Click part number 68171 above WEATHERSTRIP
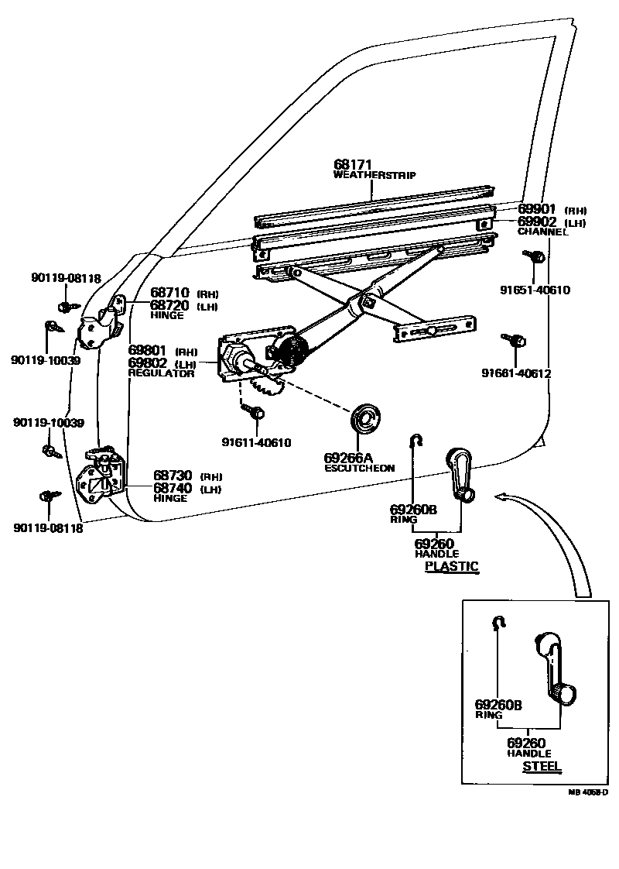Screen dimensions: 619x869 coord(353,165)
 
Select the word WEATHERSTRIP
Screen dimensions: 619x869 coord(374,175)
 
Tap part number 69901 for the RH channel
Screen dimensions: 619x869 coord(536,209)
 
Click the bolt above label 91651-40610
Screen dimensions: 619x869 coord(534,256)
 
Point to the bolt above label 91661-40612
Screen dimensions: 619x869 coord(514,340)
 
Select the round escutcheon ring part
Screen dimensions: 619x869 coord(366,417)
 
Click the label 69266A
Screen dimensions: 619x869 coord(348,458)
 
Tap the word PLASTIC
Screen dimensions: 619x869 coord(451,566)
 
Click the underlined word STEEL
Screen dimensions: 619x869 coord(542,767)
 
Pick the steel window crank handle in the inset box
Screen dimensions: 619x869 coord(555,668)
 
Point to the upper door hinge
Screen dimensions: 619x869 coord(102,325)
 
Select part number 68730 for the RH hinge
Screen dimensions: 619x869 coord(173,476)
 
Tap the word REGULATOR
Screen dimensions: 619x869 coord(161,373)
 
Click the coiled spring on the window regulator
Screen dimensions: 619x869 coord(292,350)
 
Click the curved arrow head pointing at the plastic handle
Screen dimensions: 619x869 coord(501,496)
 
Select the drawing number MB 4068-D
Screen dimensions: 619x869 coord(587,792)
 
